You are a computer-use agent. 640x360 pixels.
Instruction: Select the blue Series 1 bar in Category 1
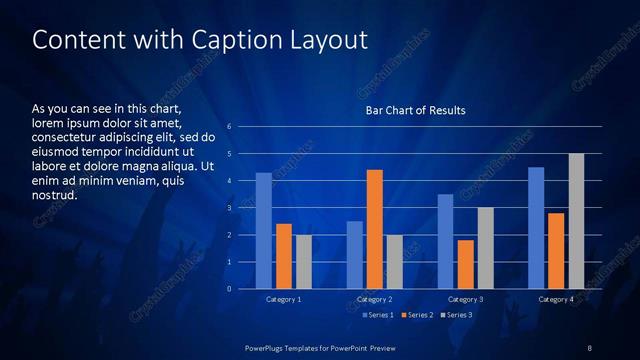pyautogui.click(x=263, y=231)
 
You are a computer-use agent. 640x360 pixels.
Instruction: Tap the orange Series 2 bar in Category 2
pyautogui.click(x=375, y=229)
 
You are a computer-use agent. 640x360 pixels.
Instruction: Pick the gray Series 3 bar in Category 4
pyautogui.click(x=576, y=221)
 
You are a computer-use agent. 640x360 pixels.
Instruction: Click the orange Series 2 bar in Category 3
pyautogui.click(x=465, y=264)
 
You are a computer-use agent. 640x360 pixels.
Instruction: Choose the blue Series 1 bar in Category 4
pyautogui.click(x=536, y=228)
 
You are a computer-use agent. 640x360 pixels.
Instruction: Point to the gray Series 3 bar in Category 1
pyautogui.click(x=303, y=262)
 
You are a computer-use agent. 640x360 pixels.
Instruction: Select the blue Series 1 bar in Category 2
pyautogui.click(x=355, y=255)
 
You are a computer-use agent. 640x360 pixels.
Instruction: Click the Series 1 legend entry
pyautogui.click(x=376, y=315)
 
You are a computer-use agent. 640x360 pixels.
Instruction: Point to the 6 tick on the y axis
pyautogui.click(x=230, y=127)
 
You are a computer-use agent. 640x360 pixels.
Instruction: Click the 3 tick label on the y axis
pyautogui.click(x=230, y=208)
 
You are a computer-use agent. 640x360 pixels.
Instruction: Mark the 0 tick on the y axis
pyautogui.click(x=230, y=289)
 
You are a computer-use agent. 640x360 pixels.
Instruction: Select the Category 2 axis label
pyautogui.click(x=374, y=299)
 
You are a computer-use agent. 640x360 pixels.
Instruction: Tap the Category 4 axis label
pyautogui.click(x=556, y=299)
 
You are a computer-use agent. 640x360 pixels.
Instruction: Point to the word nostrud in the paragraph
pyautogui.click(x=54, y=195)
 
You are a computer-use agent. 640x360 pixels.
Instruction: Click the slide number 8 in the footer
pyautogui.click(x=589, y=347)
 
